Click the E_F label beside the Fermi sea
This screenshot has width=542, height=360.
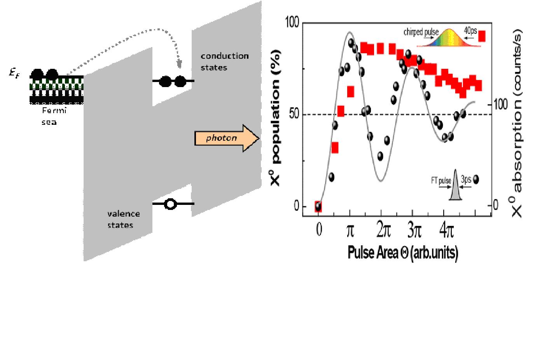[15, 73]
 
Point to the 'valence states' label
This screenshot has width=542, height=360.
[123, 219]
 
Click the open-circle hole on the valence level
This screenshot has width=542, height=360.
[170, 204]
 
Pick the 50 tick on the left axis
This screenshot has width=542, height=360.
[294, 115]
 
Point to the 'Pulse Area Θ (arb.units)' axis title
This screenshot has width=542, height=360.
[403, 253]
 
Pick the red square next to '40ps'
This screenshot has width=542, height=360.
[482, 36]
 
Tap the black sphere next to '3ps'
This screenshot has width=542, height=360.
[476, 180]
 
